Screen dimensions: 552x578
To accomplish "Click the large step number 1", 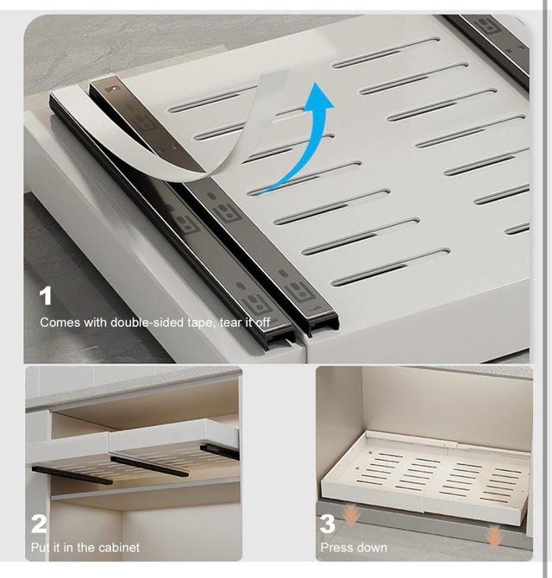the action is click(46, 297).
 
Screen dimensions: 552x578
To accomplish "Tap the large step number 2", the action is click(39, 524).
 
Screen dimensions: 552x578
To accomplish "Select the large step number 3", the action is click(327, 524).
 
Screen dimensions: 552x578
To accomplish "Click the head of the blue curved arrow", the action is click(318, 97).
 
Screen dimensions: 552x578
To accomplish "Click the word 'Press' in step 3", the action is click(335, 548).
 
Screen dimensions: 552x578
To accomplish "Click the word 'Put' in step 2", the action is click(41, 547).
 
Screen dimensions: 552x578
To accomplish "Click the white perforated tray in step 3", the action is click(425, 475).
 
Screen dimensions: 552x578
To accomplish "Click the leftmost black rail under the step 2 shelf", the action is click(72, 475).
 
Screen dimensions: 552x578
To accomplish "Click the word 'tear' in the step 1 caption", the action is click(231, 323).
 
